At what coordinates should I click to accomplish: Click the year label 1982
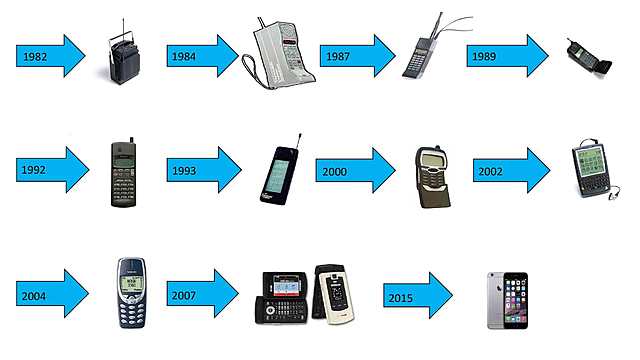(35, 57)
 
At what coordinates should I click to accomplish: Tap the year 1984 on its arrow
(184, 56)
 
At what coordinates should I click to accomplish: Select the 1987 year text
(338, 56)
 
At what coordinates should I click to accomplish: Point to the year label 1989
(484, 56)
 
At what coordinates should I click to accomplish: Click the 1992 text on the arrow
(33, 170)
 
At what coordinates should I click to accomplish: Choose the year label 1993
(184, 171)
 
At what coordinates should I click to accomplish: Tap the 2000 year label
(335, 172)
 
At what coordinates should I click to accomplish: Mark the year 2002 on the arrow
(491, 171)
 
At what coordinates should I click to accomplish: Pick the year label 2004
(34, 296)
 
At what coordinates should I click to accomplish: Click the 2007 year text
(184, 295)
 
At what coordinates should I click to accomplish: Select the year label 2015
(400, 298)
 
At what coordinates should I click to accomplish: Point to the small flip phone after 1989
(589, 58)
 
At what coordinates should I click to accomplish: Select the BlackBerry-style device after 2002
(591, 169)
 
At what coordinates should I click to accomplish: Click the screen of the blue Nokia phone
(131, 283)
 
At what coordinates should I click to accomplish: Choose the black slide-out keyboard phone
(282, 298)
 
